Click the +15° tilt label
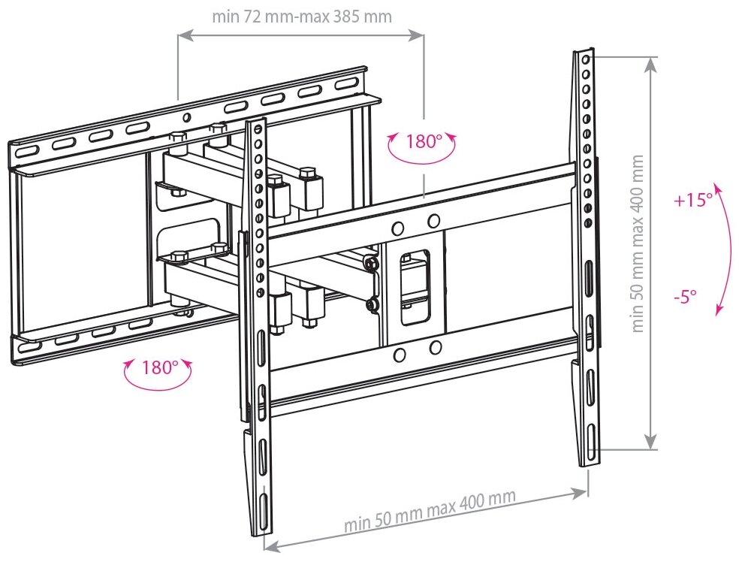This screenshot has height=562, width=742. (x=692, y=201)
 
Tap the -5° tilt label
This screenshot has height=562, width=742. (x=685, y=295)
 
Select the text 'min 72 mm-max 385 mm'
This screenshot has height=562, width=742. (x=301, y=16)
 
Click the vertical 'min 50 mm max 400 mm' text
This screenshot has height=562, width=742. (x=638, y=243)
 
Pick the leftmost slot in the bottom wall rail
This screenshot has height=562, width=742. (x=28, y=347)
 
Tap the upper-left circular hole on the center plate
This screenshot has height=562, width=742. (x=399, y=227)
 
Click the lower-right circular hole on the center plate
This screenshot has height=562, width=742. (x=434, y=348)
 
